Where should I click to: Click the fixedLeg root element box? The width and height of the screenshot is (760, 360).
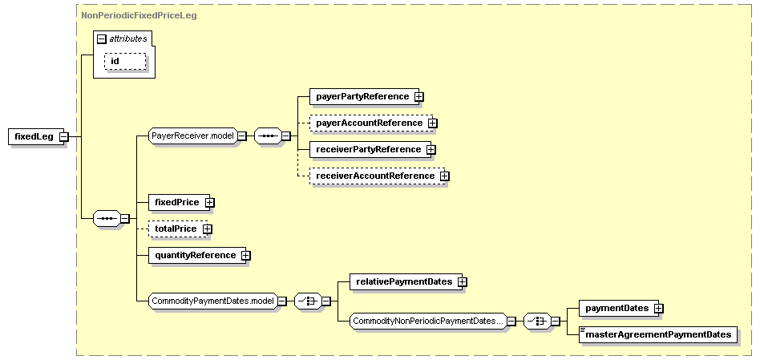(34, 136)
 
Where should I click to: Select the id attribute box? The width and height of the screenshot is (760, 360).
(124, 61)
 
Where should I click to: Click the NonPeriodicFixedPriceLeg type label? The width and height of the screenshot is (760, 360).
(128, 14)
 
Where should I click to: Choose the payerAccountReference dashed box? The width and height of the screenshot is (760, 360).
(369, 123)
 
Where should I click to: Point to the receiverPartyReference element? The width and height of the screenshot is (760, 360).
(367, 149)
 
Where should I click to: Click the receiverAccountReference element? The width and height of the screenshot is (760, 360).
(374, 176)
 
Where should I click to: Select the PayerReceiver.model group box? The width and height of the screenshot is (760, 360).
(192, 136)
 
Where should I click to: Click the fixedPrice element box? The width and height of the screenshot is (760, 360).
(176, 202)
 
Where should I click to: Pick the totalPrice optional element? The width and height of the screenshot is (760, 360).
(175, 229)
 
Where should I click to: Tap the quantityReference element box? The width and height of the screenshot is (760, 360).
(195, 255)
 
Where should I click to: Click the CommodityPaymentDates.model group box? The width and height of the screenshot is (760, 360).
(212, 301)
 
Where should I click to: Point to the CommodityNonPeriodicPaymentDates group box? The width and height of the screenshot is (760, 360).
(427, 322)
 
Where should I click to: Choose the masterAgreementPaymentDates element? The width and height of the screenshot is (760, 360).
(657, 334)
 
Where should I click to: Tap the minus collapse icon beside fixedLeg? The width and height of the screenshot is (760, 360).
(63, 136)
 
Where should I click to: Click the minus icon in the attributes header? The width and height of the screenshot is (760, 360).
(102, 38)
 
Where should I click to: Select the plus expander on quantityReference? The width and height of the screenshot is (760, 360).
(246, 256)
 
